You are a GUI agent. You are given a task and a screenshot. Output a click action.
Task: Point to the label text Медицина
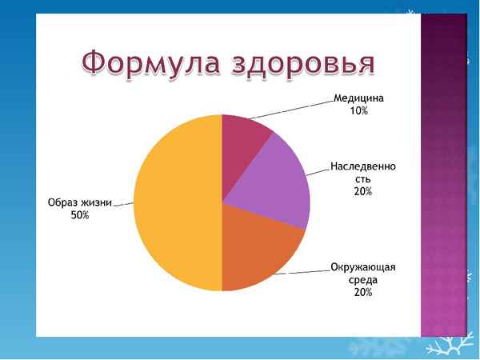coord(358,99)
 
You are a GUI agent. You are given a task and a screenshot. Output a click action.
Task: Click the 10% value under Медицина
coord(358,111)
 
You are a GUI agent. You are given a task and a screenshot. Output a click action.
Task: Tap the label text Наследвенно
coord(362,168)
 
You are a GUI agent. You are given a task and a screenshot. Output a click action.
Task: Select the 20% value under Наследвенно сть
coord(362,192)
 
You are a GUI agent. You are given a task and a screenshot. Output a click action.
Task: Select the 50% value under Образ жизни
coord(79,215)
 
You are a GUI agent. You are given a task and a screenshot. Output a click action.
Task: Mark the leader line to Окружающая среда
coord(308,271)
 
